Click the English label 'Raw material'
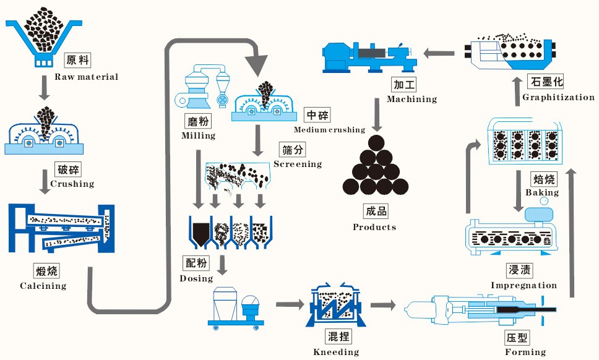pos(86,77)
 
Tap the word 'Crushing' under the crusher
pos(72,184)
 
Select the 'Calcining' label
pos(43,286)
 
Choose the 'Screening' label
pos(298,164)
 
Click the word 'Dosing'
pos(196,278)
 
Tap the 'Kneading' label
pos(336,352)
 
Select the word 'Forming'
pos(526,353)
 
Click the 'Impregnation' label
pos(524,285)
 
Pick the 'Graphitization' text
pos(558,97)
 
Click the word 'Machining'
pos(412,99)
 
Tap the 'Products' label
pos(374,227)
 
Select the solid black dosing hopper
pos(200,234)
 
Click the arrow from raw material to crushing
pos(43,88)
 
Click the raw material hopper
pos(43,37)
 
